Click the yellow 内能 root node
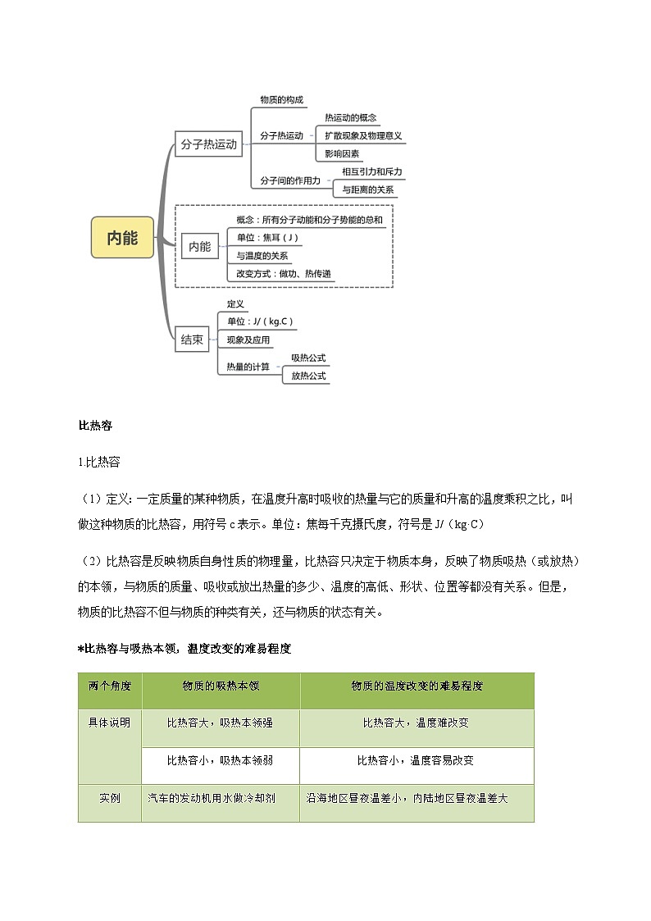(122, 238)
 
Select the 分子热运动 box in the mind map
(208, 144)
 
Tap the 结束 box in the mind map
(192, 339)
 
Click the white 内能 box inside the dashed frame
(199, 246)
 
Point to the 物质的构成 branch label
(281, 99)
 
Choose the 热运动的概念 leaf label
(350, 118)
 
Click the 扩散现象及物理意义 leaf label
(363, 135)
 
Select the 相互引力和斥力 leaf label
(372, 171)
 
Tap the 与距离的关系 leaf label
(368, 189)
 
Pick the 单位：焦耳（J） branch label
(262, 238)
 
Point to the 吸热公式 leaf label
(308, 358)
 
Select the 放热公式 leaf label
(308, 376)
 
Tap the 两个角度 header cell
(110, 686)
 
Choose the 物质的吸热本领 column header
(220, 686)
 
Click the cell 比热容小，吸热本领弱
(220, 760)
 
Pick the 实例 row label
(110, 797)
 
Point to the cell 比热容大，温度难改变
(416, 723)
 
